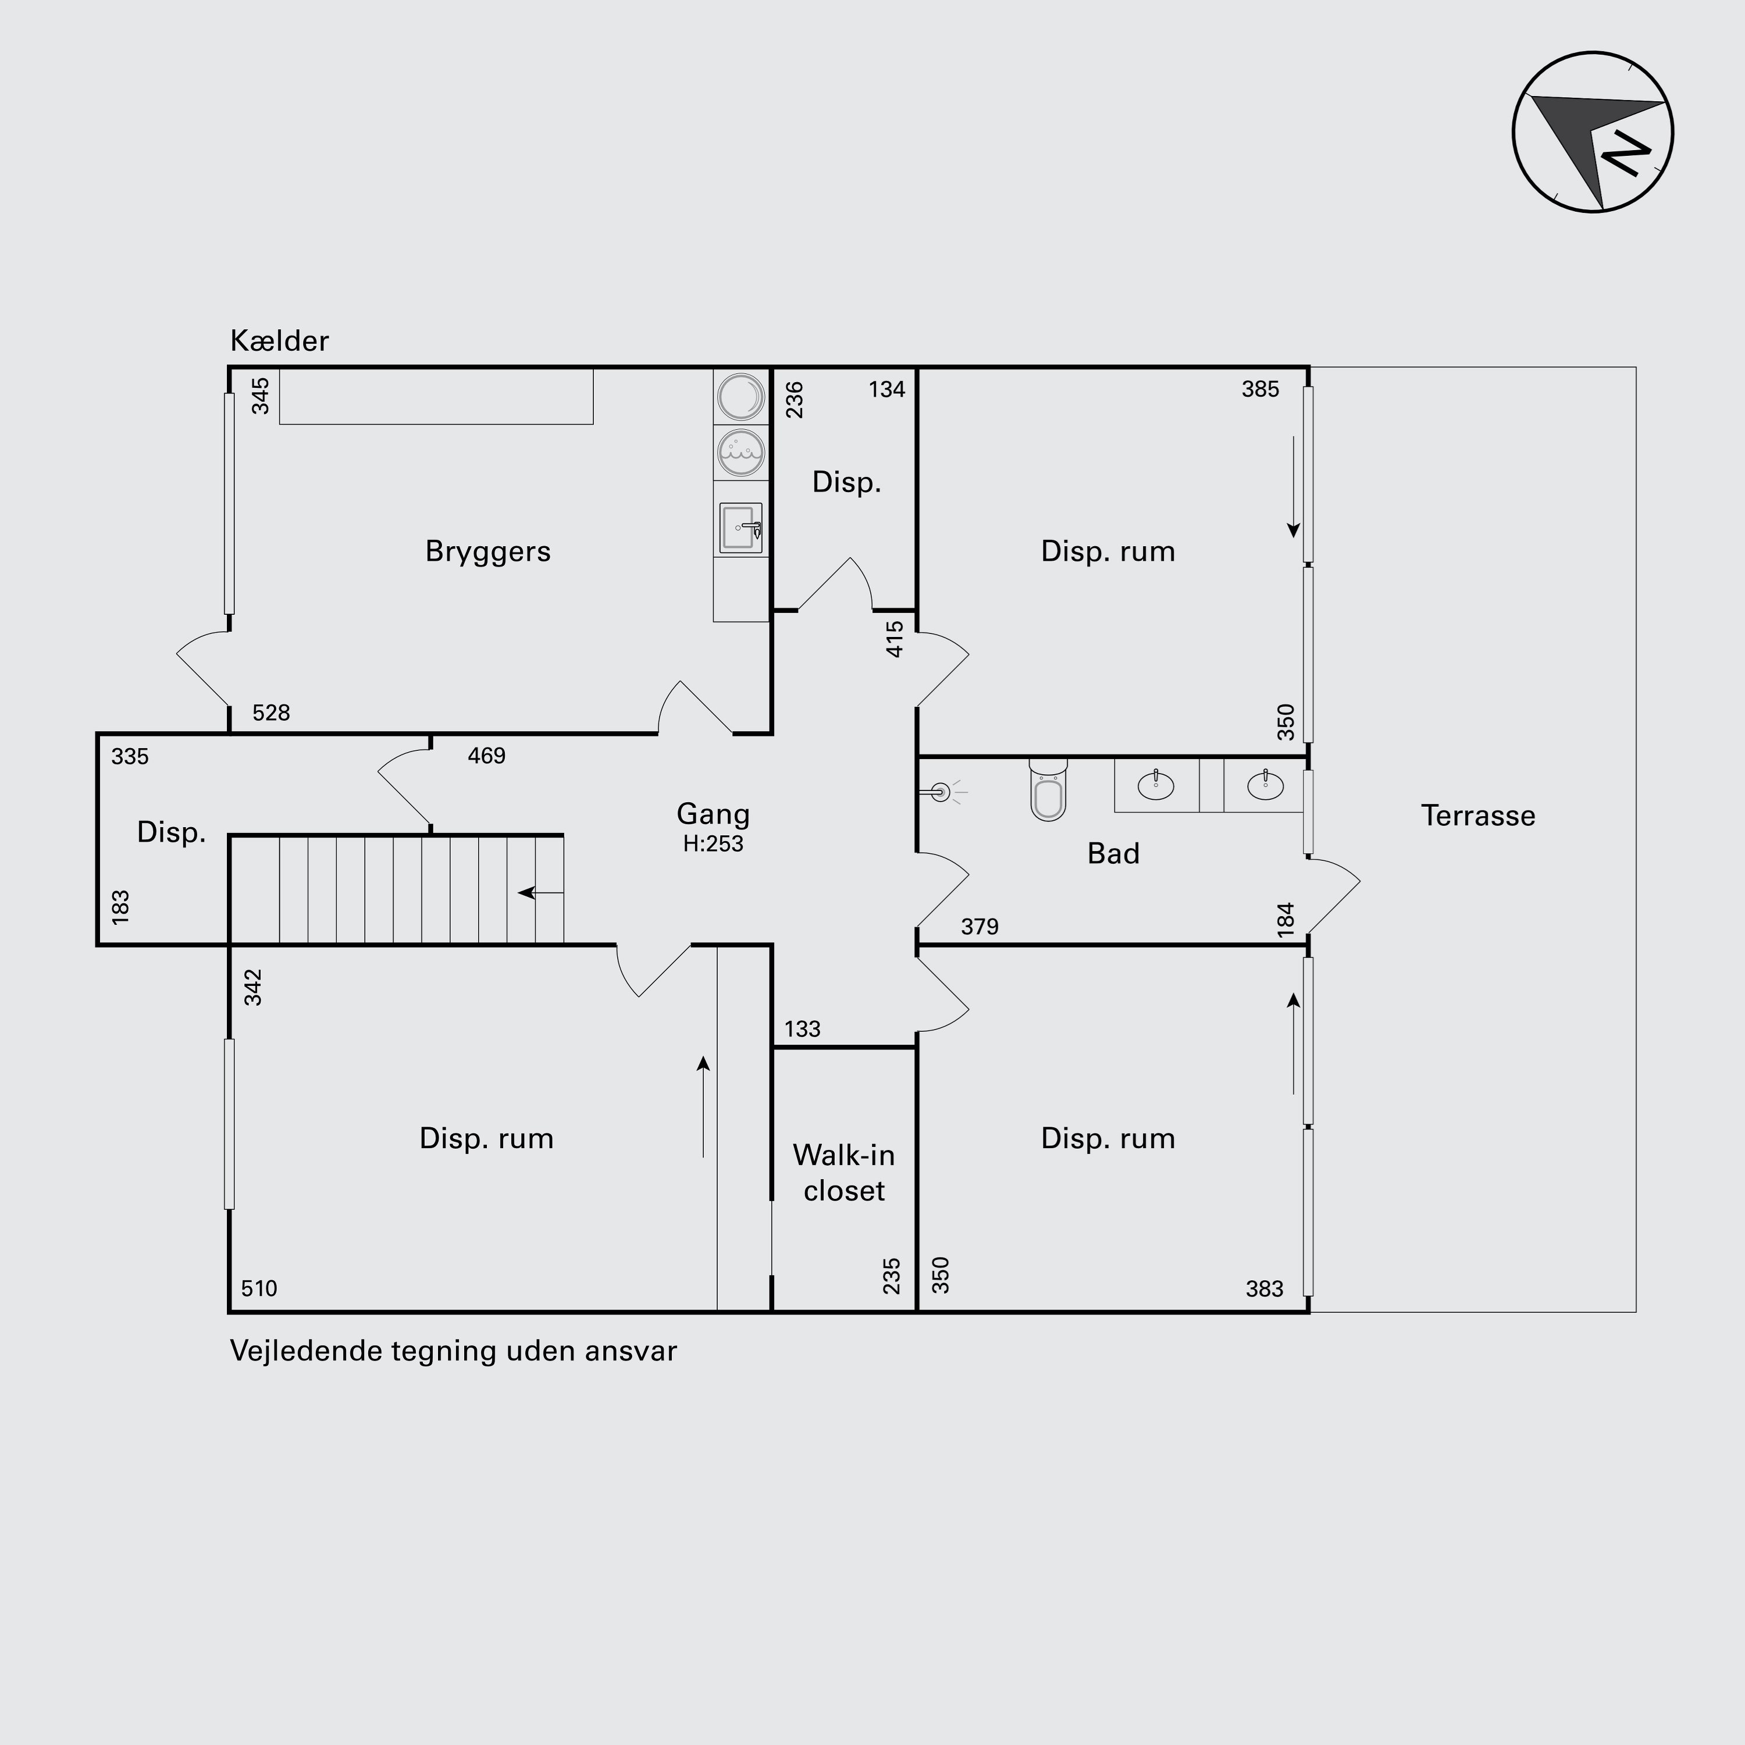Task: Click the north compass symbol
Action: pyautogui.click(x=1593, y=132)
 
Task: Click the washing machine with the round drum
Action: pyautogui.click(x=740, y=397)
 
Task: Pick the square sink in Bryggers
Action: pyautogui.click(x=740, y=528)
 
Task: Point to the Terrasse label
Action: pyautogui.click(x=1477, y=815)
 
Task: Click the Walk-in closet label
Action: pyautogui.click(x=843, y=1173)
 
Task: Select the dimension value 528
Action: pyautogui.click(x=271, y=713)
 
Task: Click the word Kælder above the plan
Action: pyautogui.click(x=279, y=340)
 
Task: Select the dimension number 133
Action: pyautogui.click(x=802, y=1029)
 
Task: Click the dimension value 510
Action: pyautogui.click(x=259, y=1288)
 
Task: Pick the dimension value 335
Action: pyautogui.click(x=130, y=757)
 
